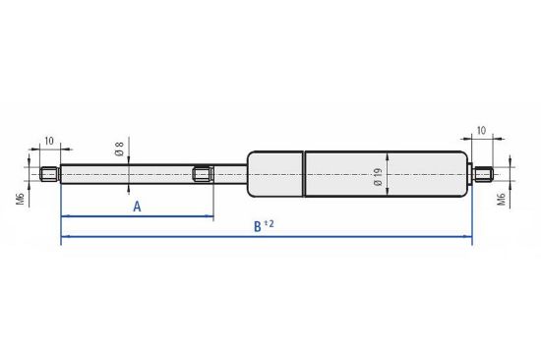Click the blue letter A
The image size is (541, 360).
click(x=137, y=207)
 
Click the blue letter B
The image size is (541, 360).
click(x=258, y=227)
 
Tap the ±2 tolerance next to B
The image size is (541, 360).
click(x=269, y=224)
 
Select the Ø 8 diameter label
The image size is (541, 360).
click(x=119, y=149)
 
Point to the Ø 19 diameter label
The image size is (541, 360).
click(x=378, y=177)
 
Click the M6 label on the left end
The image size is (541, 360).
click(x=20, y=199)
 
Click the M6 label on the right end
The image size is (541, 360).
click(x=502, y=200)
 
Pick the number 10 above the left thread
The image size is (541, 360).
click(x=49, y=142)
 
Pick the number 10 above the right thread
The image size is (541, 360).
click(x=481, y=131)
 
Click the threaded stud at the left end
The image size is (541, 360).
click(x=50, y=174)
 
